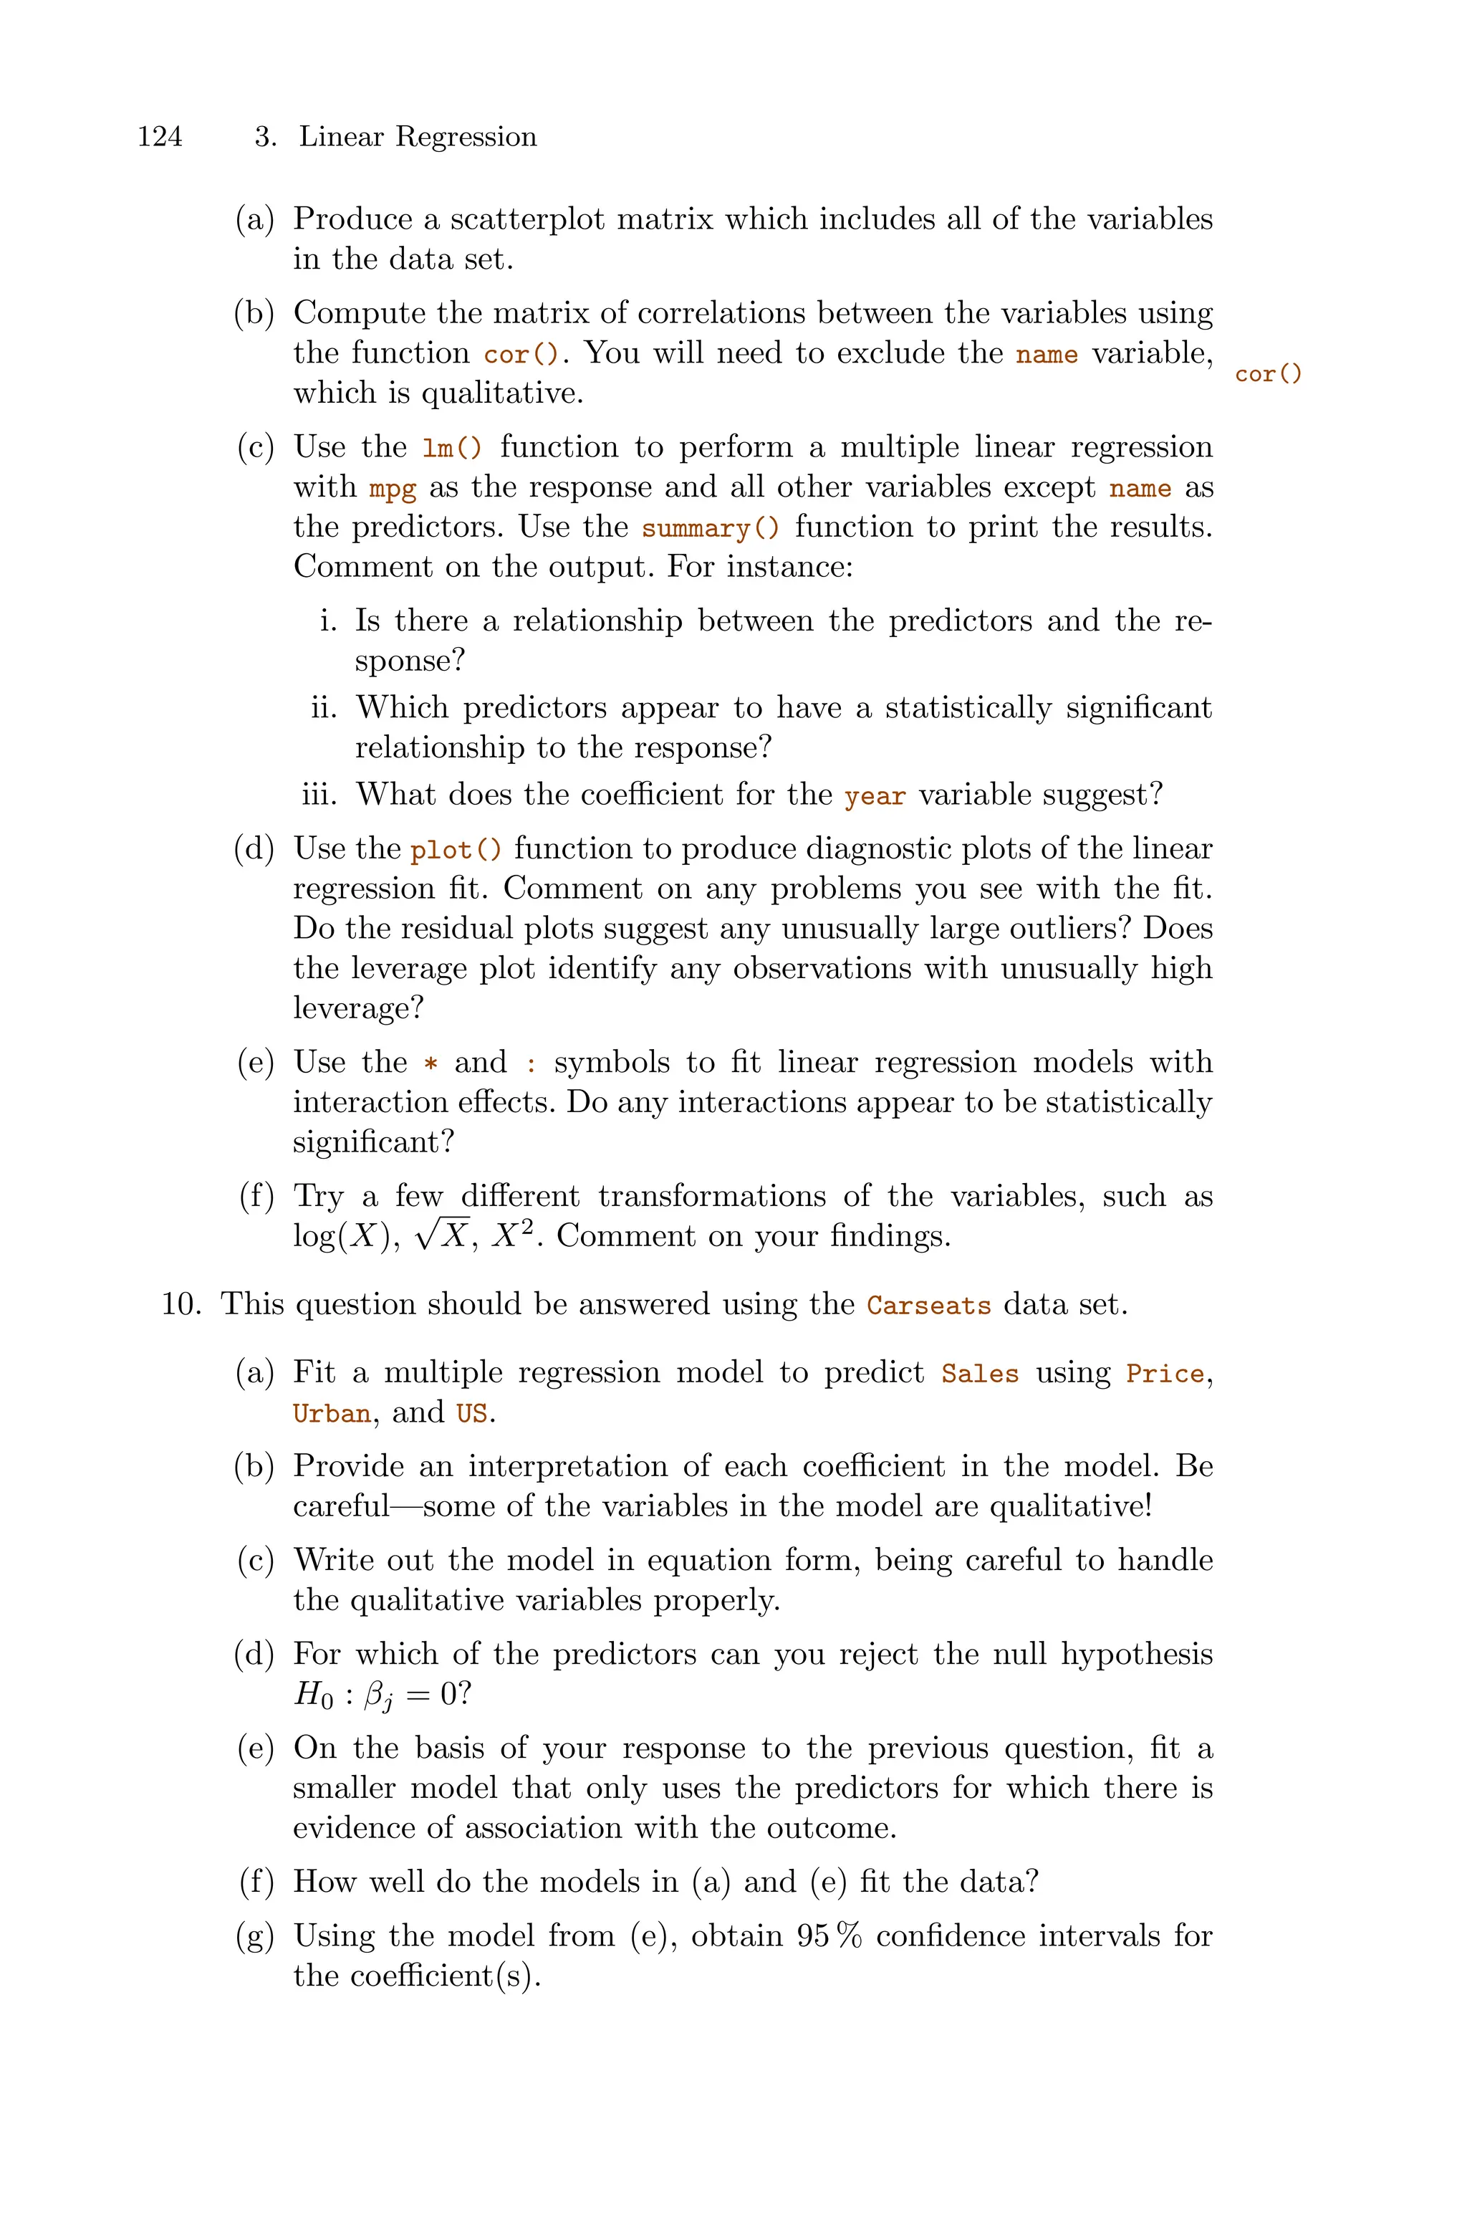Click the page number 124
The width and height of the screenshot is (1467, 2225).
click(160, 137)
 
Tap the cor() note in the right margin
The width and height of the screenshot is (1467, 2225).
click(1268, 374)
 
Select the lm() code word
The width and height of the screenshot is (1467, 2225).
click(453, 448)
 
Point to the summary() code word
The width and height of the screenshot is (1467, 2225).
click(709, 529)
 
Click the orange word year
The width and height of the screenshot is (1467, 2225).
click(875, 796)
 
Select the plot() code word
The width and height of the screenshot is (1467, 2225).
click(456, 851)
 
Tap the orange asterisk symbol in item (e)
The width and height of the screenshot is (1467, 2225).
click(431, 1064)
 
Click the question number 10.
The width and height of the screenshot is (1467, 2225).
click(181, 1303)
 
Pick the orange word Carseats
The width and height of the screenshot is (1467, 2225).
click(928, 1305)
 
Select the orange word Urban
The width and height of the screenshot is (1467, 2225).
click(331, 1413)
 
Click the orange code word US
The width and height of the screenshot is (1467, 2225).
click(471, 1413)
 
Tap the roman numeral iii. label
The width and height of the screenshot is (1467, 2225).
click(323, 795)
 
